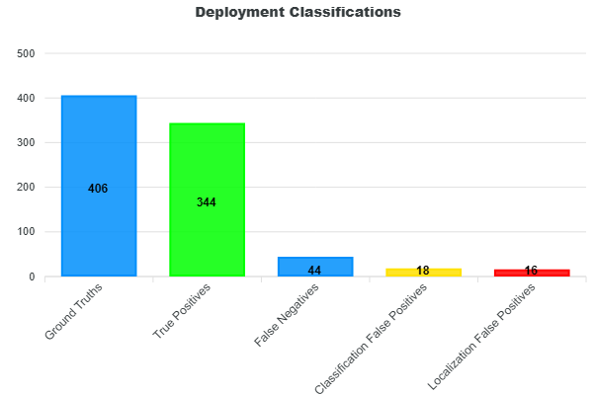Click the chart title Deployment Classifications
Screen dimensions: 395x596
[x=298, y=13]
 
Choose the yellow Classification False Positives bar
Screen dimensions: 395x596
[x=423, y=273]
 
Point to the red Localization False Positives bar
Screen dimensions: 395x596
[x=532, y=274]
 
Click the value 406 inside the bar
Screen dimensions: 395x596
[x=98, y=189]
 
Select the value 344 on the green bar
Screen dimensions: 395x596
[x=207, y=202]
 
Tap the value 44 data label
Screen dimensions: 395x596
[x=314, y=271]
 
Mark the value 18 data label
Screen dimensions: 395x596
[x=423, y=271]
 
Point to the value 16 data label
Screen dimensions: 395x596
[x=531, y=271]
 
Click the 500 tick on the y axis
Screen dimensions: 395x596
[x=27, y=53]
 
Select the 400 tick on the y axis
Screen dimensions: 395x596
[x=27, y=98]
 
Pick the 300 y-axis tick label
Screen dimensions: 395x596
[x=27, y=143]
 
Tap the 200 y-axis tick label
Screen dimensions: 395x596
[x=27, y=188]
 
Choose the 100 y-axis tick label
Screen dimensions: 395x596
[x=27, y=232]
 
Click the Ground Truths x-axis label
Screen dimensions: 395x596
[x=74, y=311]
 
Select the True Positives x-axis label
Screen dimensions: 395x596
[x=182, y=312]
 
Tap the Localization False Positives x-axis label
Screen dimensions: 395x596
[x=482, y=335]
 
